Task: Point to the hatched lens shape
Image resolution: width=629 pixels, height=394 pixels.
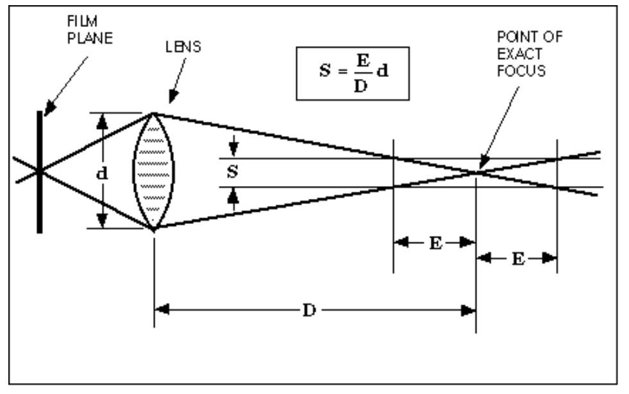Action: (153, 171)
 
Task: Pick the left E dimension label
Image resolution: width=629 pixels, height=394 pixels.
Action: (434, 243)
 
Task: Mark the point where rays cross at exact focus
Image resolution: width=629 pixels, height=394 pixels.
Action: (476, 171)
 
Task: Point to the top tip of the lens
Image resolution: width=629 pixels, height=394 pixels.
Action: (153, 113)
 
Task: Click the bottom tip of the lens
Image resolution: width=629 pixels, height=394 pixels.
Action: (153, 228)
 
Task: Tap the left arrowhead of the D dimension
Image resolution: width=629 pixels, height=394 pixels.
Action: (161, 311)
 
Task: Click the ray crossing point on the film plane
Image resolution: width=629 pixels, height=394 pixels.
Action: (40, 171)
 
